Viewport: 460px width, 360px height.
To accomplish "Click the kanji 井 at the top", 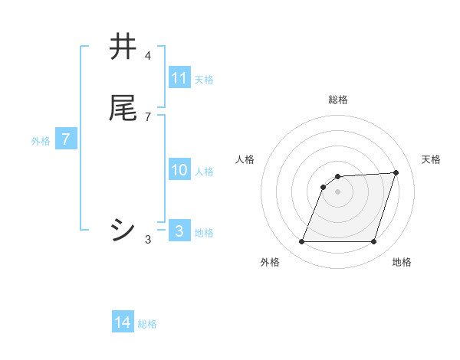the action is (123, 47).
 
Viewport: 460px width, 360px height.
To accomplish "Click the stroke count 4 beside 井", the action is (148, 56).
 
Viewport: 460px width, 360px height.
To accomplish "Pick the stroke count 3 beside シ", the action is (148, 240).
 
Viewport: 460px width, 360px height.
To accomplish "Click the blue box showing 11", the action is (179, 78).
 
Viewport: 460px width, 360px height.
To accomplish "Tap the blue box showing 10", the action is (179, 170).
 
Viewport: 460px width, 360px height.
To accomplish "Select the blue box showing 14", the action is (123, 323).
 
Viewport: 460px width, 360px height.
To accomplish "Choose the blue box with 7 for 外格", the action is (66, 140).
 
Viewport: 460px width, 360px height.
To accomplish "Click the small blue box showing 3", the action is (179, 231).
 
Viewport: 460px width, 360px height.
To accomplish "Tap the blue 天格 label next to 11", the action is (204, 79).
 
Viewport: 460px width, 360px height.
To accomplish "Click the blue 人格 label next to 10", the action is (204, 171).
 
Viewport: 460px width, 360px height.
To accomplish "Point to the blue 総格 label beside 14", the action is (147, 324).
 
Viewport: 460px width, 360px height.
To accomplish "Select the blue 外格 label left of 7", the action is (41, 141).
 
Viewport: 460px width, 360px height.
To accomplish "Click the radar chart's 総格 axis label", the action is (338, 100).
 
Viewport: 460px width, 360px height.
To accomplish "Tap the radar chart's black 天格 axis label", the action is (431, 159).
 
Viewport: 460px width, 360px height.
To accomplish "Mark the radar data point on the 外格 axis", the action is (302, 242).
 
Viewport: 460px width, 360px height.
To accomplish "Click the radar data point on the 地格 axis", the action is (373, 242).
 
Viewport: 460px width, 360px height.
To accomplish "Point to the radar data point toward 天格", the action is (396, 172).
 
